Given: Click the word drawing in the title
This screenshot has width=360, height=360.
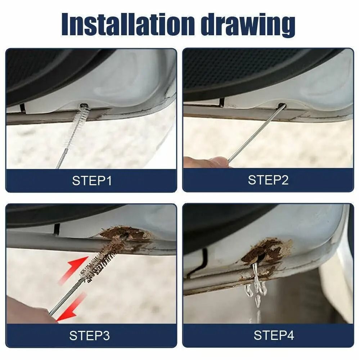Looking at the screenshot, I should tap(248, 25).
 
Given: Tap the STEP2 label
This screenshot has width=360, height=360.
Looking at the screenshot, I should tap(268, 180).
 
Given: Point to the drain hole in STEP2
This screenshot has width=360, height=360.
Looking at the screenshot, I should tap(282, 106).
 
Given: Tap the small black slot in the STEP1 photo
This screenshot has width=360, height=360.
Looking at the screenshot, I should tap(22, 107).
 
